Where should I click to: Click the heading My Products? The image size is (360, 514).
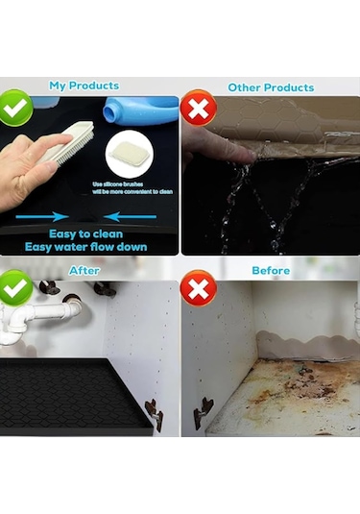(x=84, y=86)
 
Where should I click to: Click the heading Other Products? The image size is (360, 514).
(x=271, y=87)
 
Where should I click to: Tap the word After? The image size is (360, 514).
(x=84, y=271)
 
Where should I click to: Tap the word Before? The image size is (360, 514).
(x=271, y=271)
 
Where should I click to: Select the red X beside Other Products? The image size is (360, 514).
(x=197, y=109)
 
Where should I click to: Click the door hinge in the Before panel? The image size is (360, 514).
(x=203, y=411)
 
